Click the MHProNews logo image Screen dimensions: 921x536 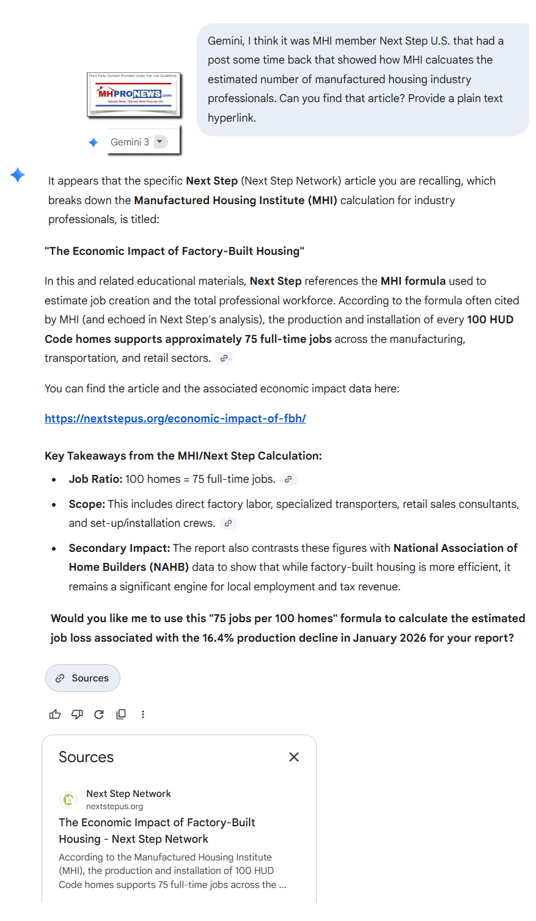click(134, 95)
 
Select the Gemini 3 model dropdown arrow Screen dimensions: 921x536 click(160, 142)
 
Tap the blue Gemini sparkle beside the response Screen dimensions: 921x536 click(18, 175)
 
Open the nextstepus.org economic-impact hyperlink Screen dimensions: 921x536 click(175, 419)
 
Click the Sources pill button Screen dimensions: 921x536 click(83, 678)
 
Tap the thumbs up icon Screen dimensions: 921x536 click(55, 714)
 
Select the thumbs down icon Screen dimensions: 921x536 click(77, 714)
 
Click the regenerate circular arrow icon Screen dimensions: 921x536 click(99, 714)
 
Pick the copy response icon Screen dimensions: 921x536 click(121, 714)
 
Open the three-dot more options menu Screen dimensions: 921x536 click(143, 714)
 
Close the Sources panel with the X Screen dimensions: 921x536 click(294, 757)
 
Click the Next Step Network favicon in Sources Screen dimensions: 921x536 click(68, 799)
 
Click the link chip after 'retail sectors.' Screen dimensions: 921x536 click(224, 358)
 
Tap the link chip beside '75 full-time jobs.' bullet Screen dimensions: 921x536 click(288, 479)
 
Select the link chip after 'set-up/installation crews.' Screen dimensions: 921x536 click(228, 523)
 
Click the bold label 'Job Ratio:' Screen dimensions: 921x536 click(95, 479)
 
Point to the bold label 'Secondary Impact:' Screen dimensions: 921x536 click(119, 548)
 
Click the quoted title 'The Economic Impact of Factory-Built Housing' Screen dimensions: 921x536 click(175, 251)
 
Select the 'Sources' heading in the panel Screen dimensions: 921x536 click(86, 757)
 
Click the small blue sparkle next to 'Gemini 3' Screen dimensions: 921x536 click(94, 142)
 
